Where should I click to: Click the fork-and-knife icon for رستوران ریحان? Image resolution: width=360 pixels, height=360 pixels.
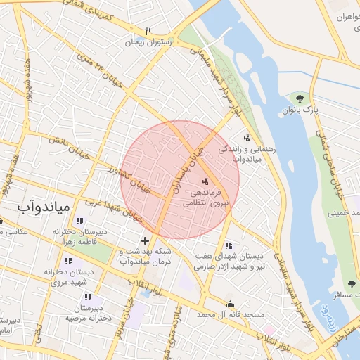[x=148, y=31]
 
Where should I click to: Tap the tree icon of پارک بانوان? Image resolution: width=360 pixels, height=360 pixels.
[x=300, y=98]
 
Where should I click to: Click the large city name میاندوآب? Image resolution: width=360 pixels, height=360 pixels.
[x=44, y=207]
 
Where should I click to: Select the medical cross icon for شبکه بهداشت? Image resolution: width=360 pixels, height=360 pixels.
[x=145, y=241]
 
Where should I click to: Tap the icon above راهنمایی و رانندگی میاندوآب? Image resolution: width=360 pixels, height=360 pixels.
[x=246, y=139]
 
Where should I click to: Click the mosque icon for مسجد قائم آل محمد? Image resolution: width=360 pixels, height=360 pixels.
[x=230, y=304]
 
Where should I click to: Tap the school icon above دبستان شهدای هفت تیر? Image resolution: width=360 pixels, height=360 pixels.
[x=228, y=246]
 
